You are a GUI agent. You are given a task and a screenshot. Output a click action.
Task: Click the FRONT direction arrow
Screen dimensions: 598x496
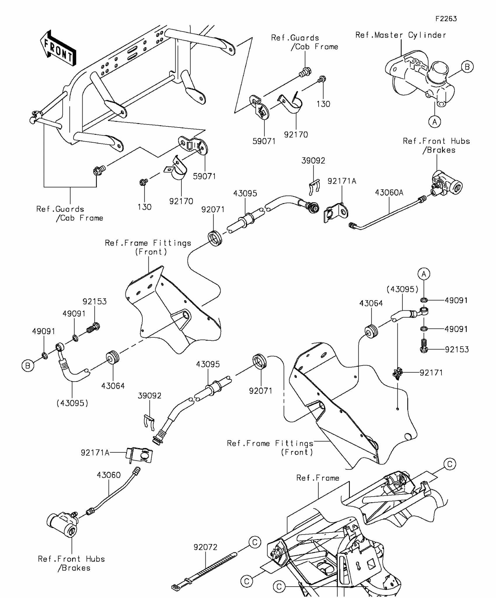(58, 48)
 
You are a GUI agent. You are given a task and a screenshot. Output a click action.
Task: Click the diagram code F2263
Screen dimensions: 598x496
(446, 19)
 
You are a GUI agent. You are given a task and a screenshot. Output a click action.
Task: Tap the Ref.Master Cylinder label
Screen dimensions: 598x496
(401, 35)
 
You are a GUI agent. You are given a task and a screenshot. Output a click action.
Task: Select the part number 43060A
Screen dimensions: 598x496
(389, 193)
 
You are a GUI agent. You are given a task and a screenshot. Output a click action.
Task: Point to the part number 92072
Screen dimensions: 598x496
(205, 547)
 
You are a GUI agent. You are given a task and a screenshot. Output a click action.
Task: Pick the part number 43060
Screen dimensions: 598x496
(109, 475)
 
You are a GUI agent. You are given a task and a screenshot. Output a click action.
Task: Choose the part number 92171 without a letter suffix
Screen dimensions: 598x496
(431, 373)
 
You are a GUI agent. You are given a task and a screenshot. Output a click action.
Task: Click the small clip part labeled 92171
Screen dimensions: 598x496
(397, 374)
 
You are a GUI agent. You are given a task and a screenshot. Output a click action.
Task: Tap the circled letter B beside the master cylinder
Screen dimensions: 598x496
(467, 67)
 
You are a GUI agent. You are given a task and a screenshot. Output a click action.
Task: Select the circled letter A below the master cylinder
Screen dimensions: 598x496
(434, 122)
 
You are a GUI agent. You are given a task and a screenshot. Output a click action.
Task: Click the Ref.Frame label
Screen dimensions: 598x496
(318, 478)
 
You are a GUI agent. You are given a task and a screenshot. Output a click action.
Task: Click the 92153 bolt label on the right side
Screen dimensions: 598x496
(457, 349)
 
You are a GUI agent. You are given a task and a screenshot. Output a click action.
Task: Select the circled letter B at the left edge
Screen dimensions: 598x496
(28, 366)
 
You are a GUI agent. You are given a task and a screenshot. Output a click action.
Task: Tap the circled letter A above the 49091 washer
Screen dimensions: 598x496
(424, 274)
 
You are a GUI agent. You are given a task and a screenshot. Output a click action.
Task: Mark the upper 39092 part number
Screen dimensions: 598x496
(313, 161)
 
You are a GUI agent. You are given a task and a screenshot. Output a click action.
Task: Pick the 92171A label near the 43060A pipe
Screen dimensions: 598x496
(342, 181)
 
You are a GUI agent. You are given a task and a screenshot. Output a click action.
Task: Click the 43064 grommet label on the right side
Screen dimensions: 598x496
(371, 303)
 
